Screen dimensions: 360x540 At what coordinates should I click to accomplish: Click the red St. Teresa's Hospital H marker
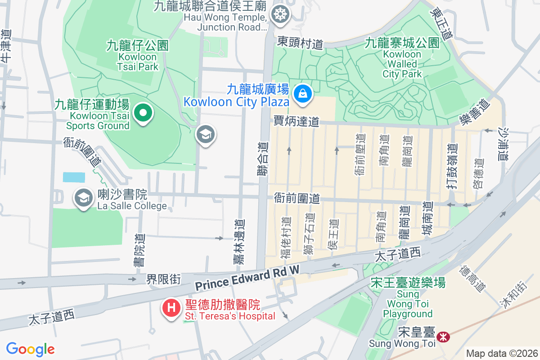point(171,309)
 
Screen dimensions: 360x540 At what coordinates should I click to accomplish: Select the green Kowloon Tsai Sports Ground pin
point(143,113)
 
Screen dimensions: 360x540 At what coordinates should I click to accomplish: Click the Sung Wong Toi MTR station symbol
point(443,337)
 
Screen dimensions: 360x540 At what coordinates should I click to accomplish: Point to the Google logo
point(30,349)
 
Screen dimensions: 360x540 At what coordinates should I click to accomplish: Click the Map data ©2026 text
point(502,354)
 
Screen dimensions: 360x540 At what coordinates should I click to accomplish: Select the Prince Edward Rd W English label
point(247,279)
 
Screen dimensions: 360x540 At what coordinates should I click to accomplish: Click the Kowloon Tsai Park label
point(138,56)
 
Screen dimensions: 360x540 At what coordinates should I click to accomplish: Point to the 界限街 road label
point(163,279)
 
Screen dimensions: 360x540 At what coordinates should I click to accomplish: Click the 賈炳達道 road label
point(296,121)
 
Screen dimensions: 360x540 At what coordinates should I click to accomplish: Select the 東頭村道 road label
point(300,43)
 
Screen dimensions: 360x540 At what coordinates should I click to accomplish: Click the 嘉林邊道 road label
point(239,241)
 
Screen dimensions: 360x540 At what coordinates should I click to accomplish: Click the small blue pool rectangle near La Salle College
point(74,177)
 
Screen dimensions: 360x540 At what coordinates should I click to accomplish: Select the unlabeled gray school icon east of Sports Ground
point(206,135)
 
